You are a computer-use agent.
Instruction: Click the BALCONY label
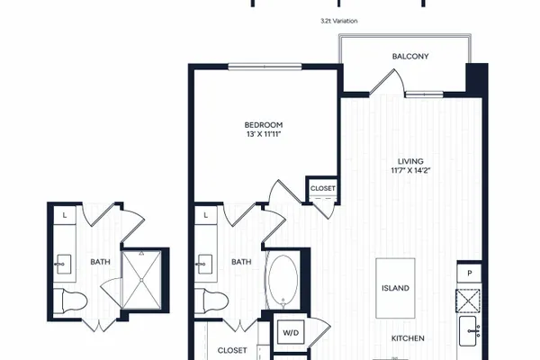point(410,56)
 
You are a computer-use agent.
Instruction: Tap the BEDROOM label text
point(264,125)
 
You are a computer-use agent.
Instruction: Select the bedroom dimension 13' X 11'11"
point(264,134)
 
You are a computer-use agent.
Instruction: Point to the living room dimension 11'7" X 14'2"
point(410,170)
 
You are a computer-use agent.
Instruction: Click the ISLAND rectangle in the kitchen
point(395,288)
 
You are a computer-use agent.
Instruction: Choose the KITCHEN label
point(408,338)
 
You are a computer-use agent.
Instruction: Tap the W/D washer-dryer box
point(291,332)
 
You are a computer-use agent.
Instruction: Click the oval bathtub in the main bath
point(283,281)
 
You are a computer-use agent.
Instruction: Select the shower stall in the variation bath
point(142,280)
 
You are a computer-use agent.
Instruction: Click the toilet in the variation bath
point(70,301)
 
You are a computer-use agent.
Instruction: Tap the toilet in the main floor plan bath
point(211,301)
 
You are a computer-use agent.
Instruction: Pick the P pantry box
point(469,274)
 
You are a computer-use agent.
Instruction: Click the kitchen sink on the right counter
point(470,331)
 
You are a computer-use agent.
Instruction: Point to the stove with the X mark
point(468,301)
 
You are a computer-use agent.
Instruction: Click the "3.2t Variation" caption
point(339,21)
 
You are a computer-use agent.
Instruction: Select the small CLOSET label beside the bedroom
point(323,188)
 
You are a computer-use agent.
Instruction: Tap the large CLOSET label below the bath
point(232,350)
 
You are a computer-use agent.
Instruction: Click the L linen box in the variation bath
point(65,216)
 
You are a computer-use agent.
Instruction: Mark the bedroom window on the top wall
point(265,67)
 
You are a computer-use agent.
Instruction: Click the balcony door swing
point(387,82)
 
